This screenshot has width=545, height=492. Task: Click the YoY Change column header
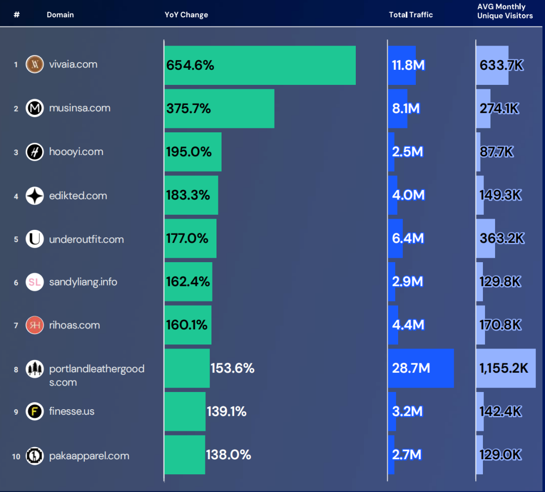(186, 15)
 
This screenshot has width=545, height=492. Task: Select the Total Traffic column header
(411, 15)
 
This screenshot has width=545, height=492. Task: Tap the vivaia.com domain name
(73, 64)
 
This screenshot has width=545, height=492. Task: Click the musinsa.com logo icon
(35, 108)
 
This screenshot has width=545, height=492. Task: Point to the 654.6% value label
(190, 65)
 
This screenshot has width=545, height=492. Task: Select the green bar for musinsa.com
(242, 109)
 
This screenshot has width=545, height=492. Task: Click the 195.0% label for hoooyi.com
(189, 152)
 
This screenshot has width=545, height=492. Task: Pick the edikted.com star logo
(35, 195)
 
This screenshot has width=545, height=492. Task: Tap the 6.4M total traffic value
(408, 238)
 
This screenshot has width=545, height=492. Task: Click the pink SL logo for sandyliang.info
(35, 282)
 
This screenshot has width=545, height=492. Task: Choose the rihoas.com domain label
(74, 325)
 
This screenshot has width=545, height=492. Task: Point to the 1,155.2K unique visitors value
(504, 368)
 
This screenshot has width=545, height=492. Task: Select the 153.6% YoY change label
(232, 368)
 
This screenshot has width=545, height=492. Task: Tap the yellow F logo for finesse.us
(35, 411)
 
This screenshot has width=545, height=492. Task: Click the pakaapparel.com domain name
(89, 456)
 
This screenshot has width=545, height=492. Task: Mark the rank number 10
(16, 456)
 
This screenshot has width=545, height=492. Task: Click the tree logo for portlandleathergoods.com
(35, 369)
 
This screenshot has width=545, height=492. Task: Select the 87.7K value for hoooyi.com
(497, 152)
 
